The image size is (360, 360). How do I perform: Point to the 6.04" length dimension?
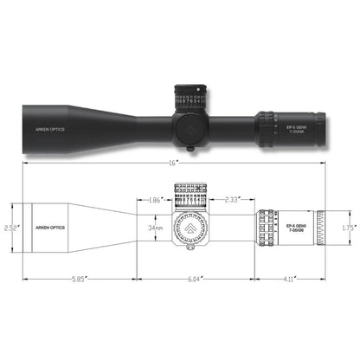point(194,279)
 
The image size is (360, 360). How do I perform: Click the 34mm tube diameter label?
point(155,228)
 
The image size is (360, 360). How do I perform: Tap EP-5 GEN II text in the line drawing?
point(294,228)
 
